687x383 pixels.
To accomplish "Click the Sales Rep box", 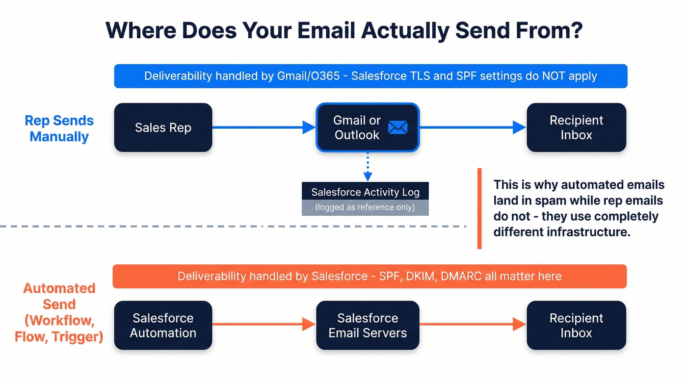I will [x=163, y=128].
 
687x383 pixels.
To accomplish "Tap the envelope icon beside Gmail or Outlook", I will [x=397, y=128].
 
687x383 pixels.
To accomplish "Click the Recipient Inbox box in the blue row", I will [x=576, y=128].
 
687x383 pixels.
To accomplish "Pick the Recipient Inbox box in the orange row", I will [x=576, y=325].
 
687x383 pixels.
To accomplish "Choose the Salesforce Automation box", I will [x=163, y=325].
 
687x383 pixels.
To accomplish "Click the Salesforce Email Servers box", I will [x=368, y=325].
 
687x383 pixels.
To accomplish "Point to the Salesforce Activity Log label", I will [x=365, y=192].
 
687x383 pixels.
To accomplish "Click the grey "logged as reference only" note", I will [x=365, y=207].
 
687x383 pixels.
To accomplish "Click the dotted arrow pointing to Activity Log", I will [x=368, y=167].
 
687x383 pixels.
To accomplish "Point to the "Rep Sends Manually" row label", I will [x=59, y=128].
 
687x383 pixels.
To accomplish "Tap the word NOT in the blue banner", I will [x=555, y=76].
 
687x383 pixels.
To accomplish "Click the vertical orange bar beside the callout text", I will [x=479, y=208].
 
